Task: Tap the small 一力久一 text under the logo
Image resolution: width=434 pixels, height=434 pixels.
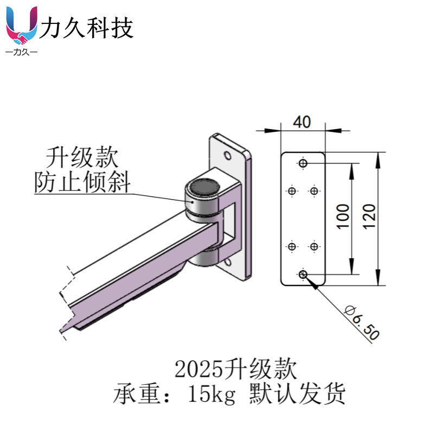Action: (21, 53)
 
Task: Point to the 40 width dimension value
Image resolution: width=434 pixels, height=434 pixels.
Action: (302, 122)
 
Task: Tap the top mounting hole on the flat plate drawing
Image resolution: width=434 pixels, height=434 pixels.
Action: (303, 163)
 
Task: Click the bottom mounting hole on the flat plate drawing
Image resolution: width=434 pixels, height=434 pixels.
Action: (303, 275)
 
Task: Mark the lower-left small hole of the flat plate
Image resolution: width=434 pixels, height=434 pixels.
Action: (292, 247)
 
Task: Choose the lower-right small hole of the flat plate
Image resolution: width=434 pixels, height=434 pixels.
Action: (314, 247)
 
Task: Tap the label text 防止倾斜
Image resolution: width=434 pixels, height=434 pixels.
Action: (82, 182)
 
